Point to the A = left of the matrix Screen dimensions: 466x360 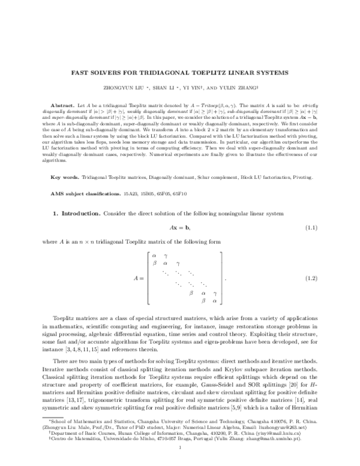coord(139,279)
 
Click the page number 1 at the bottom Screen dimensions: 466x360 coord(180,447)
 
